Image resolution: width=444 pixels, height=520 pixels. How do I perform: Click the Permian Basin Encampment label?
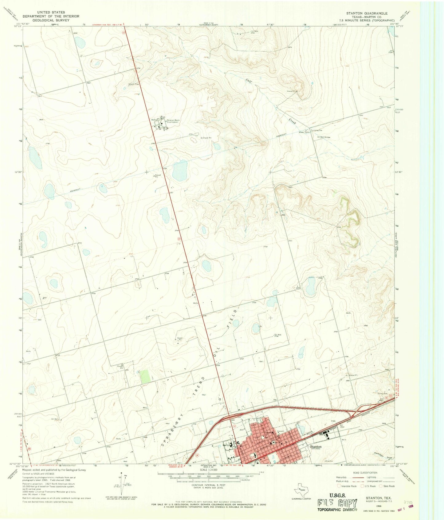tap(174, 121)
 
